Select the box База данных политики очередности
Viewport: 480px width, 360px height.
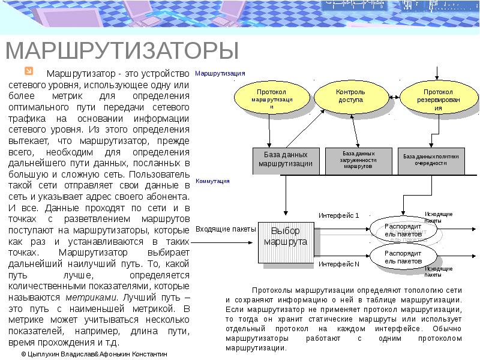coord(431,159)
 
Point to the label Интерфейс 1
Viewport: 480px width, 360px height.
coord(338,215)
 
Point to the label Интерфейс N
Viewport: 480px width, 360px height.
coord(338,263)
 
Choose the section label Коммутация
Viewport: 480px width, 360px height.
coord(212,180)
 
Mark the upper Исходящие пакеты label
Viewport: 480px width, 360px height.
coord(439,217)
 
